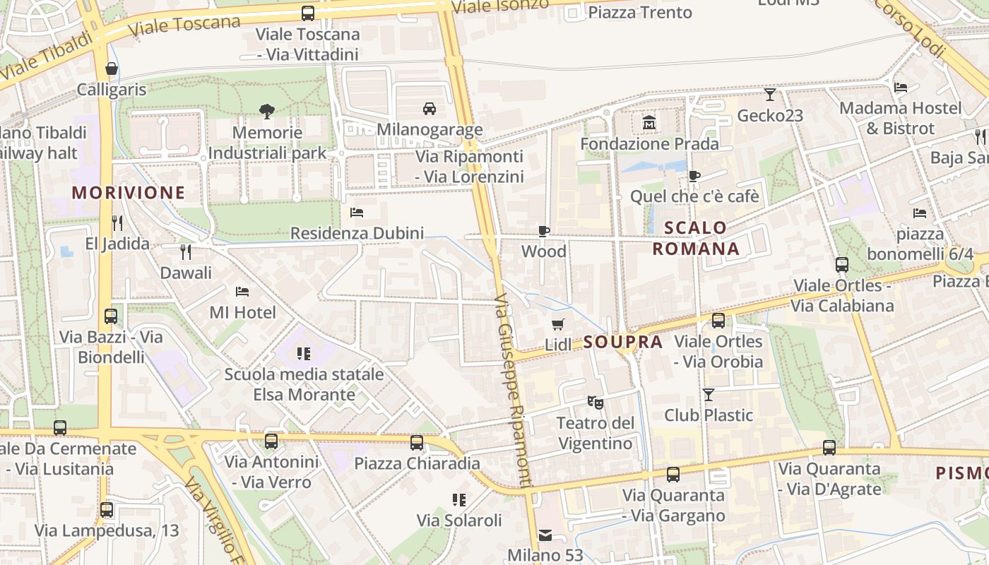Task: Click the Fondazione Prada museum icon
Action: click(649, 124)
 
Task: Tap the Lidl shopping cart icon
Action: click(558, 324)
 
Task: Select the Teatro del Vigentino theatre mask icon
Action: click(596, 403)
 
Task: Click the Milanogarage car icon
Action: click(429, 109)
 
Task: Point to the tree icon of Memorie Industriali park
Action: click(267, 111)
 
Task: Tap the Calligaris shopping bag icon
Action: click(112, 69)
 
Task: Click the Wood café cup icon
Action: click(543, 231)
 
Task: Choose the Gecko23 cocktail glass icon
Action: click(770, 94)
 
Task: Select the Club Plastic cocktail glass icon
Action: click(709, 394)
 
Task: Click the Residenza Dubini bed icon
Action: click(357, 213)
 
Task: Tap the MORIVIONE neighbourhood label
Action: click(129, 192)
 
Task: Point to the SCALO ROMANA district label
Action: click(696, 238)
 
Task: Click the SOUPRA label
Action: click(623, 343)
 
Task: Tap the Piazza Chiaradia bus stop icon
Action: click(417, 443)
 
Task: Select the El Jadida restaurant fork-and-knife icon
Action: click(117, 223)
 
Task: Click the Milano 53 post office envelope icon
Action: click(545, 535)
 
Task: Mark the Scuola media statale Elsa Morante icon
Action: click(304, 353)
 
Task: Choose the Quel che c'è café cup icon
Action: click(694, 176)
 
